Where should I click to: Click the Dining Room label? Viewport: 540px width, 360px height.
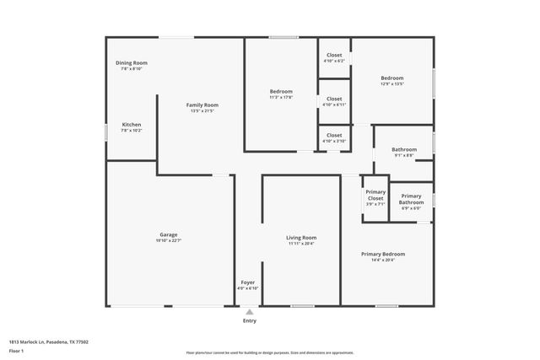pos(132,62)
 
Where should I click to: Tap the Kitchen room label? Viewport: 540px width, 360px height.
pos(132,124)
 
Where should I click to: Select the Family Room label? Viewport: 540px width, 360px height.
pos(202,105)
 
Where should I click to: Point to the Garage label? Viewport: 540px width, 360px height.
pos(169,234)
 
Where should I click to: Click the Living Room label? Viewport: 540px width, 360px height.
pos(302,238)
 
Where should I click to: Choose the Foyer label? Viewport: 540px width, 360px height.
pos(248,282)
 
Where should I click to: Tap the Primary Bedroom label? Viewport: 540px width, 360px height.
pos(383,254)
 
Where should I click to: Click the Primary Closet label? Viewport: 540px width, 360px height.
pos(375,195)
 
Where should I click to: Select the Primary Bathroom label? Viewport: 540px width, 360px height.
pos(412,199)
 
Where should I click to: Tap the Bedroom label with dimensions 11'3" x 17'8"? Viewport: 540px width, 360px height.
pos(281,91)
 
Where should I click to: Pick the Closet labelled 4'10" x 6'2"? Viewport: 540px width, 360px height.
pos(334,55)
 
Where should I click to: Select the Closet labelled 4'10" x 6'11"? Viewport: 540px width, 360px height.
pos(334,99)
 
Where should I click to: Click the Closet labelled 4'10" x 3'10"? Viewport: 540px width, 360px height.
pos(334,135)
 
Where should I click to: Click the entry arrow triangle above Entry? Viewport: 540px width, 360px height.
pos(250,311)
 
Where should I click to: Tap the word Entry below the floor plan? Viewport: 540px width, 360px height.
pos(250,321)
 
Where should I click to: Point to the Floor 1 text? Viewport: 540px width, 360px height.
pos(17,349)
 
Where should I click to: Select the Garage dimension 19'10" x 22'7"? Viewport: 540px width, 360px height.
pos(169,241)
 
